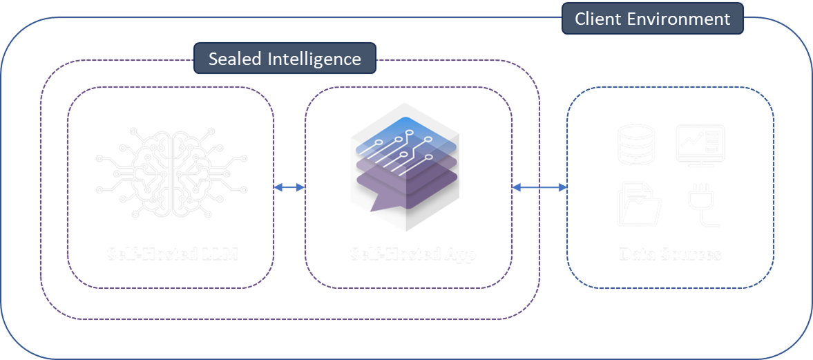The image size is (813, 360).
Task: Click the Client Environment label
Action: click(x=652, y=19)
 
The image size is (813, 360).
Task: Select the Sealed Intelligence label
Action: click(x=285, y=59)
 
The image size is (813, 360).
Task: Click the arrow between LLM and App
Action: click(x=289, y=187)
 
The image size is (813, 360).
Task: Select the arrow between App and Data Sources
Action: click(x=539, y=187)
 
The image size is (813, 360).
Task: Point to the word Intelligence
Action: click(x=314, y=59)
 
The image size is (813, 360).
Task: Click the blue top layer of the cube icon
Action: click(x=404, y=138)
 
